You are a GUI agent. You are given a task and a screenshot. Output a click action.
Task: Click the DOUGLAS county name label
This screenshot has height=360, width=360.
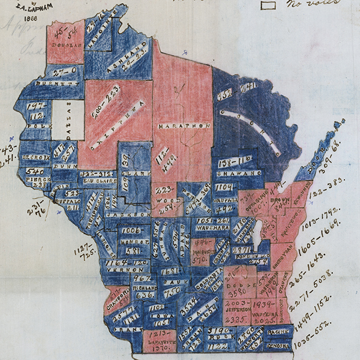point(66,44)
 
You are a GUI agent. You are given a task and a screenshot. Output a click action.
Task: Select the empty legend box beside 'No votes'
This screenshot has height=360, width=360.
point(268,4)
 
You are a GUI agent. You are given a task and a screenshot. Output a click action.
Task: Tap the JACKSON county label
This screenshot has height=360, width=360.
point(124,214)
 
